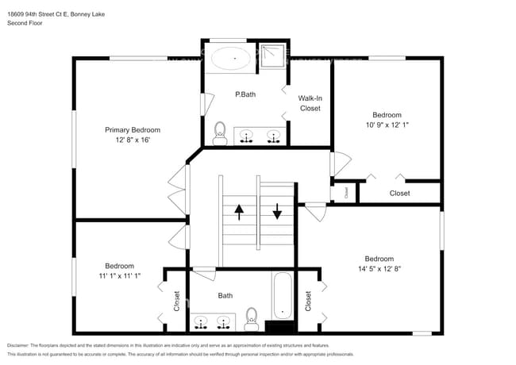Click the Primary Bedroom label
pyautogui.click(x=133, y=129)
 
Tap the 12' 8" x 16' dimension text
pyautogui.click(x=133, y=140)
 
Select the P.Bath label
pyautogui.click(x=245, y=94)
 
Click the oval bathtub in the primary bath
pyautogui.click(x=230, y=57)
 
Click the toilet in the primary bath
pyautogui.click(x=221, y=133)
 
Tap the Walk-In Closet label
pyautogui.click(x=310, y=103)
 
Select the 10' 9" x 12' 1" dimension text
pyautogui.click(x=388, y=125)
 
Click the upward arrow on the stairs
pyautogui.click(x=238, y=213)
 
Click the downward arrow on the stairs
pyautogui.click(x=277, y=212)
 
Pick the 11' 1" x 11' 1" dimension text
pyautogui.click(x=119, y=276)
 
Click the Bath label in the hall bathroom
pyautogui.click(x=225, y=296)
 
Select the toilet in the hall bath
pyautogui.click(x=252, y=318)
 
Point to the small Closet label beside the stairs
pyautogui.click(x=345, y=191)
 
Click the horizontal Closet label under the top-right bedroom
pyautogui.click(x=399, y=193)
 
